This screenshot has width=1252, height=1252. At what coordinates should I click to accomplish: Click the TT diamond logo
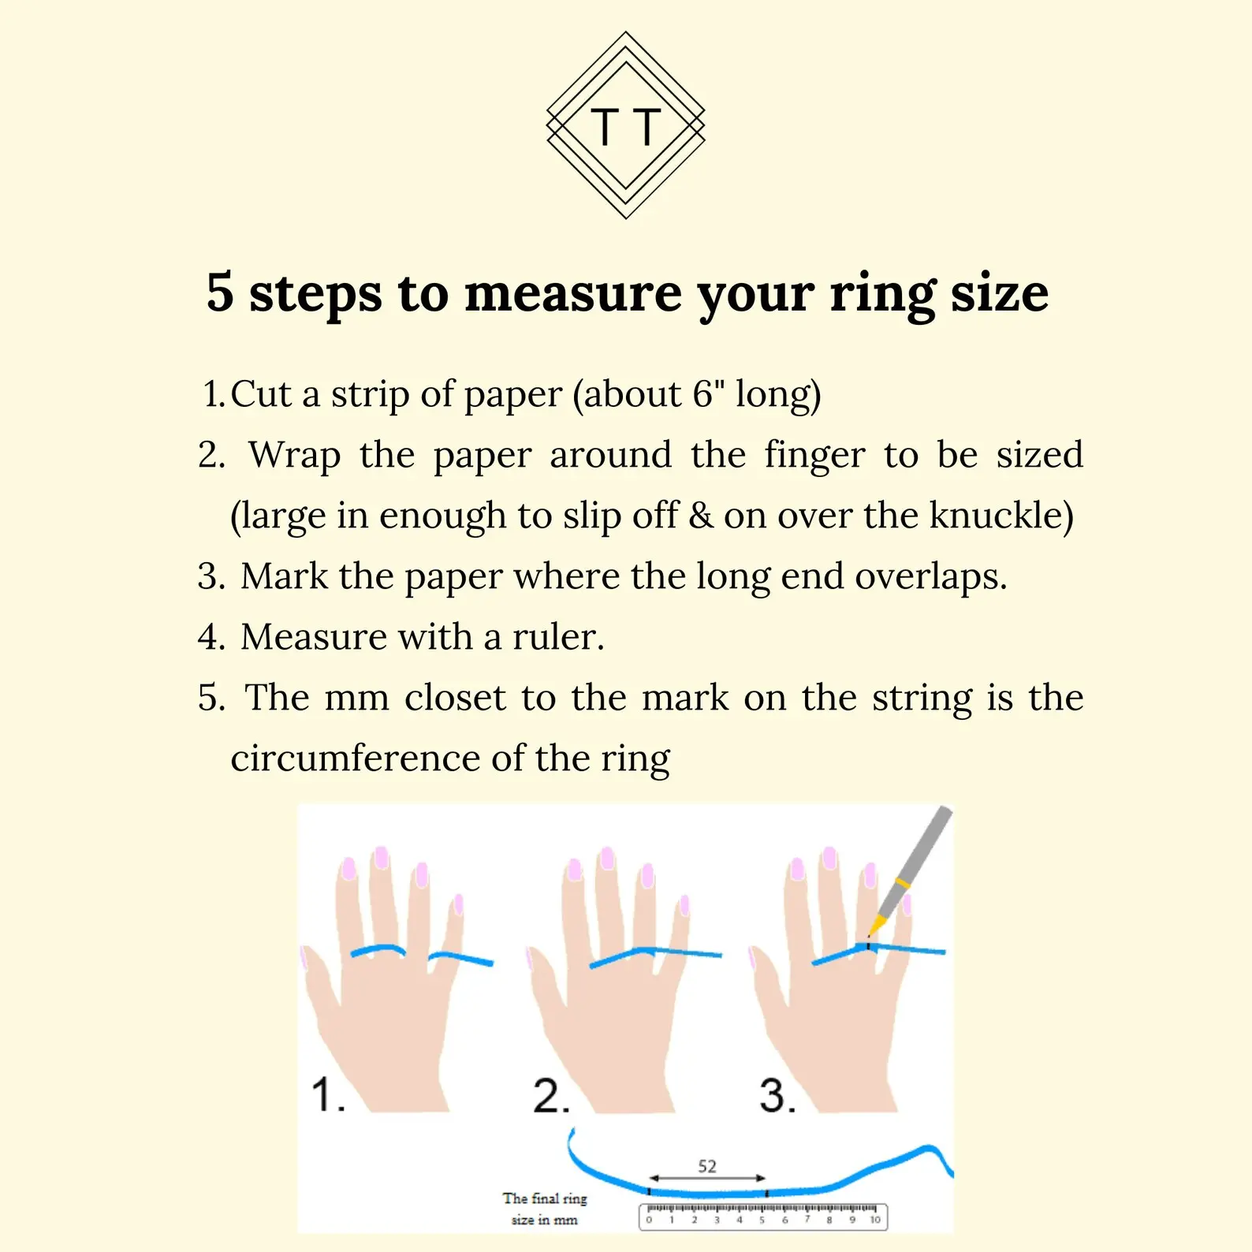(x=626, y=125)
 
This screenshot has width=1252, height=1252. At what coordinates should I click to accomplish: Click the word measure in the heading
(x=573, y=293)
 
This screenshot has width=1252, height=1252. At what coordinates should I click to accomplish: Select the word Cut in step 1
(x=261, y=393)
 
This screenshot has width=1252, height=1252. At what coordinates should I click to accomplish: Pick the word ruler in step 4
(x=558, y=636)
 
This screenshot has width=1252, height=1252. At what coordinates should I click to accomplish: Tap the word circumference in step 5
(x=355, y=758)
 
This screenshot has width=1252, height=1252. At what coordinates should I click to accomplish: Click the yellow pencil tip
(x=874, y=926)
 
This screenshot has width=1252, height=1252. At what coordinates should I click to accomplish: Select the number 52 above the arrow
(x=707, y=1166)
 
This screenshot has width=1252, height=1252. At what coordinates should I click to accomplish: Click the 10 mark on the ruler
(x=875, y=1220)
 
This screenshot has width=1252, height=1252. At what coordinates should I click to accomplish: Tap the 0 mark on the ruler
(x=649, y=1220)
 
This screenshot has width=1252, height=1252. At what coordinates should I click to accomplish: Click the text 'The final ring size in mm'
(x=545, y=1209)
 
